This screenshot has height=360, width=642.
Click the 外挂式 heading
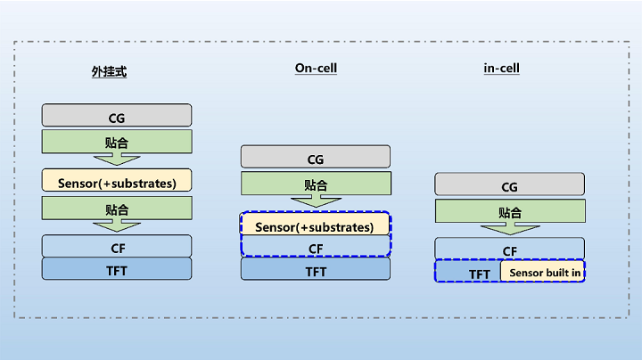109,71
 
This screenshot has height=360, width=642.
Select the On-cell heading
316,69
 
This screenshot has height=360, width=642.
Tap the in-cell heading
501,68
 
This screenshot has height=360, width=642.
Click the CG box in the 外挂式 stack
117,115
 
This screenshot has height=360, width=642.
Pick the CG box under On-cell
316,156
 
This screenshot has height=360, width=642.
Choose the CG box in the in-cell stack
509,184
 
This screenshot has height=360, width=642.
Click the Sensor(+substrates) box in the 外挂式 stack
117,180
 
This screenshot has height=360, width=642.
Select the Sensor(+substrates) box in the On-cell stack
315,224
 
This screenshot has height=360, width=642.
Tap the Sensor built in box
542,271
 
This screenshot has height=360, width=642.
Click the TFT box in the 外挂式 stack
117,269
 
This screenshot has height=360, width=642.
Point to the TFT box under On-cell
316,269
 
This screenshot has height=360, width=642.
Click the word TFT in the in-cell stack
480,274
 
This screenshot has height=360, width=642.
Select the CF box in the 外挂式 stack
117,246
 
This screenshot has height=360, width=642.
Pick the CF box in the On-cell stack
316,246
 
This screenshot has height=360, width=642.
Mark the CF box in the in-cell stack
509,249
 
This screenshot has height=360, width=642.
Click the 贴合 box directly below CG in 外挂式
117,142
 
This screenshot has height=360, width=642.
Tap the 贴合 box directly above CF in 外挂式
117,208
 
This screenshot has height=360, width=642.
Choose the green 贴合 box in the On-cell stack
316,183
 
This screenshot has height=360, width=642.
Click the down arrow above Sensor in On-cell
316,200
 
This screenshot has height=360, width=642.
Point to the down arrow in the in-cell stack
510,229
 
